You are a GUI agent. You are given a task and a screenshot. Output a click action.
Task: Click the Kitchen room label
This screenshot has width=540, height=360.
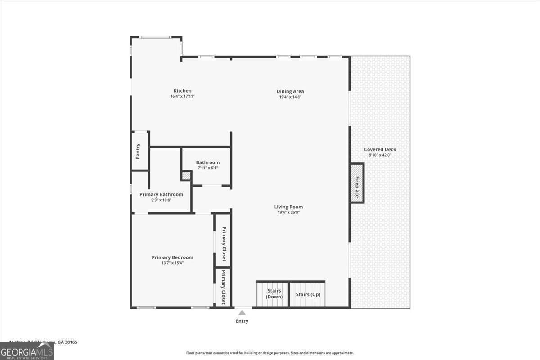click(x=182, y=91)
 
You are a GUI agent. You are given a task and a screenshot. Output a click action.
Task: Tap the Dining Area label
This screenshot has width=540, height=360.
click(x=290, y=91)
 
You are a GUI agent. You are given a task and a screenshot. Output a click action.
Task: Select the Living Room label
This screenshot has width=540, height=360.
click(x=288, y=207)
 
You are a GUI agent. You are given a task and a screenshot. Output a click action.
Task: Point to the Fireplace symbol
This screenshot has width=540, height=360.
click(x=357, y=183)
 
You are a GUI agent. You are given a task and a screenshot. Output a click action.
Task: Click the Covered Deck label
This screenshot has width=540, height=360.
click(x=380, y=149)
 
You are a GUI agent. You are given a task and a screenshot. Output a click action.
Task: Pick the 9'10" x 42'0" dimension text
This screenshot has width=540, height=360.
click(x=380, y=155)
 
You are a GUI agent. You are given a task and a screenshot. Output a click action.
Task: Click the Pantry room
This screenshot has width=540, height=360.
click(x=139, y=151)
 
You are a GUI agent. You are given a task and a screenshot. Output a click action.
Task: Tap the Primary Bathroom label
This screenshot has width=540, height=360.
click(x=161, y=194)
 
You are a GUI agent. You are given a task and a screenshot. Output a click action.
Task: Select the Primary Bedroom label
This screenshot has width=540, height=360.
click(x=172, y=257)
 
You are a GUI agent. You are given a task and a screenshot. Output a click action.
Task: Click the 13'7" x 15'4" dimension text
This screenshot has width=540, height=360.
click(x=172, y=263)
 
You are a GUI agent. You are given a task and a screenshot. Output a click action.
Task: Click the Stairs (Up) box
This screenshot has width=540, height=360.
click(x=308, y=294)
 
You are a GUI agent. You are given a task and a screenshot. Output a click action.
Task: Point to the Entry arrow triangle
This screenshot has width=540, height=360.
click(x=242, y=313)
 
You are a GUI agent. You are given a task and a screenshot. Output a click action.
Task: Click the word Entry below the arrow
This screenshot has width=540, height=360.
click(x=242, y=321)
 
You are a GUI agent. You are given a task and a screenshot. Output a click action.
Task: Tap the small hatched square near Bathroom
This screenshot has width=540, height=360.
click(x=186, y=175)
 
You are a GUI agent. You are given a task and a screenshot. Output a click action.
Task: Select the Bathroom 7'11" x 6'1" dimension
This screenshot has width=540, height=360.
click(x=207, y=168)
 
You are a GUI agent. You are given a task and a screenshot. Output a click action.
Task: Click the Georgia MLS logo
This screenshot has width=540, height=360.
click(x=27, y=351)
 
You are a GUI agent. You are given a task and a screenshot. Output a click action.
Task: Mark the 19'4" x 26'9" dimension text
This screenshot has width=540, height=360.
click(x=288, y=212)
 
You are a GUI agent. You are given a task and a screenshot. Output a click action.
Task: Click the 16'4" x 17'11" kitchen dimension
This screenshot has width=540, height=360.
click(x=182, y=97)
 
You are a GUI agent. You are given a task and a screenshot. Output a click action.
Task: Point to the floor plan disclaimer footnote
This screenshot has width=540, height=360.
click(x=270, y=353)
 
